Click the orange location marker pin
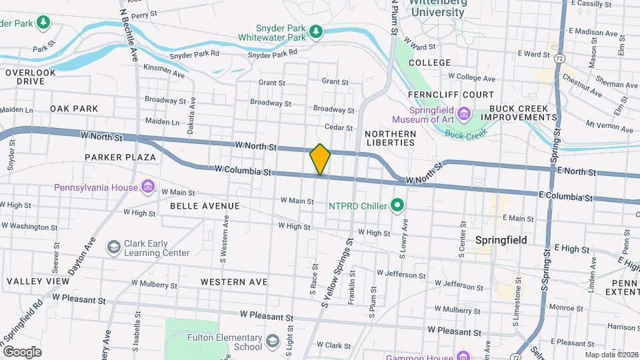320,159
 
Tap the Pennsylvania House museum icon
148,187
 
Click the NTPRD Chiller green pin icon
398,205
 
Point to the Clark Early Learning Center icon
113,247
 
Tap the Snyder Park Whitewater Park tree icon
316,31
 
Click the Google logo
22,352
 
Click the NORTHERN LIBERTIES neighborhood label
391,139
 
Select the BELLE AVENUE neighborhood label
205,206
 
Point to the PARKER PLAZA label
120,157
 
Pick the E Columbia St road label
565,197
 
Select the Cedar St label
338,127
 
